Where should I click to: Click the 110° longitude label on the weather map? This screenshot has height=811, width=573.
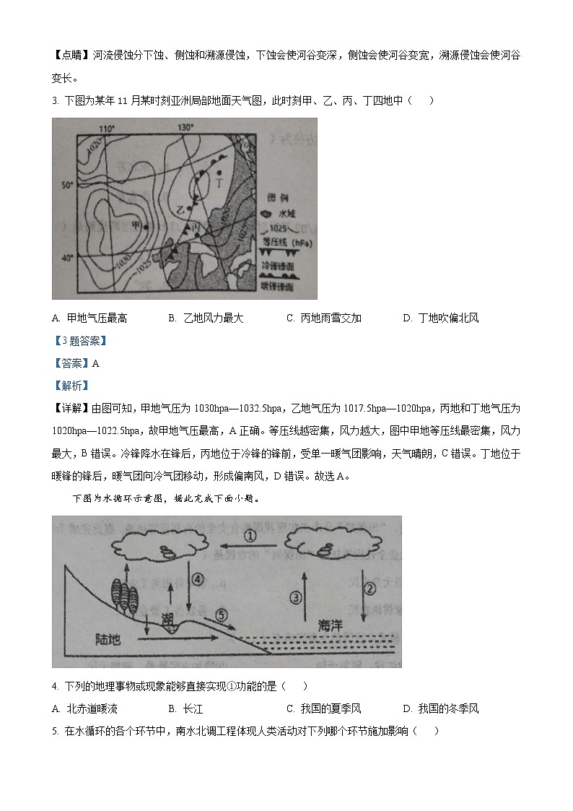click(107, 128)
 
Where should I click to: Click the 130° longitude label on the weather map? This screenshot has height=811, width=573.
click(186, 128)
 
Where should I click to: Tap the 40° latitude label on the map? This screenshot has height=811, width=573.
click(67, 258)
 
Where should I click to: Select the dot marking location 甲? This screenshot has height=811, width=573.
click(145, 227)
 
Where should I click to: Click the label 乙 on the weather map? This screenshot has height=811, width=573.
click(181, 209)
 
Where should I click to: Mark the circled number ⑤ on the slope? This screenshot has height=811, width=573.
click(222, 615)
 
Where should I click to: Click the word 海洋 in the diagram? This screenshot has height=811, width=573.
click(330, 627)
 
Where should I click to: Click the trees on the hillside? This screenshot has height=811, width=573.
click(123, 594)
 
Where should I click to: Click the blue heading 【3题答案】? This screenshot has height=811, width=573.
click(79, 341)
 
